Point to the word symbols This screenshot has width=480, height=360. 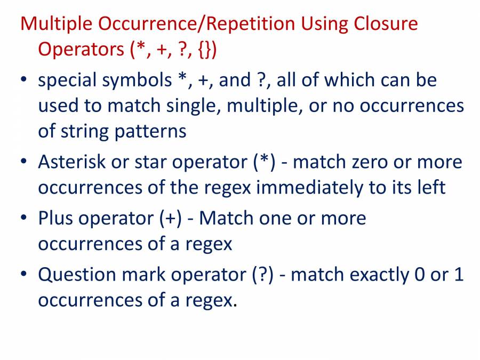coord(140,81)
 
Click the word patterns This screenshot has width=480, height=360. coord(150,131)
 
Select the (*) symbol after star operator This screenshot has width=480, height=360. coord(265,162)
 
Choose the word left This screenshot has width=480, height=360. coord(429,187)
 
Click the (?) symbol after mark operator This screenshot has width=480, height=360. coord(262,275)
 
